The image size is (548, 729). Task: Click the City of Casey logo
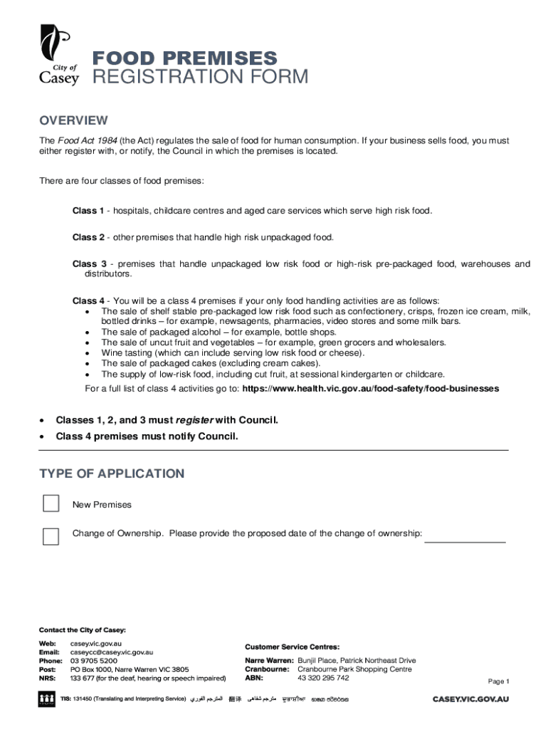(x=59, y=55)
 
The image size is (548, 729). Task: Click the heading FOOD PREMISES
(x=186, y=58)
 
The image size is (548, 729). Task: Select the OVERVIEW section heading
(x=73, y=120)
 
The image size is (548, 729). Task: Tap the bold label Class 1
(x=88, y=211)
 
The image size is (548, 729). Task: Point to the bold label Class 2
(x=88, y=237)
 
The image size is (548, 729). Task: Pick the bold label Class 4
(x=88, y=300)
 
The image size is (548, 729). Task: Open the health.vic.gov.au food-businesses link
(x=370, y=389)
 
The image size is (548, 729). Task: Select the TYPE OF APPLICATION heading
(x=112, y=474)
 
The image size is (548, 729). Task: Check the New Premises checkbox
(x=51, y=504)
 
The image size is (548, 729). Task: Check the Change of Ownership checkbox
(x=51, y=536)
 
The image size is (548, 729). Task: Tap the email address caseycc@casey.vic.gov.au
(x=112, y=651)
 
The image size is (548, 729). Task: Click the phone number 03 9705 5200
(x=94, y=661)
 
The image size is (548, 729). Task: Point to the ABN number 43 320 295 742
(x=323, y=678)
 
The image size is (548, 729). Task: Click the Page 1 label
(x=498, y=681)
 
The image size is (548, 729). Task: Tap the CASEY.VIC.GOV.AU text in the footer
(x=471, y=700)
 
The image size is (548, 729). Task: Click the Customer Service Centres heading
(x=293, y=646)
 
